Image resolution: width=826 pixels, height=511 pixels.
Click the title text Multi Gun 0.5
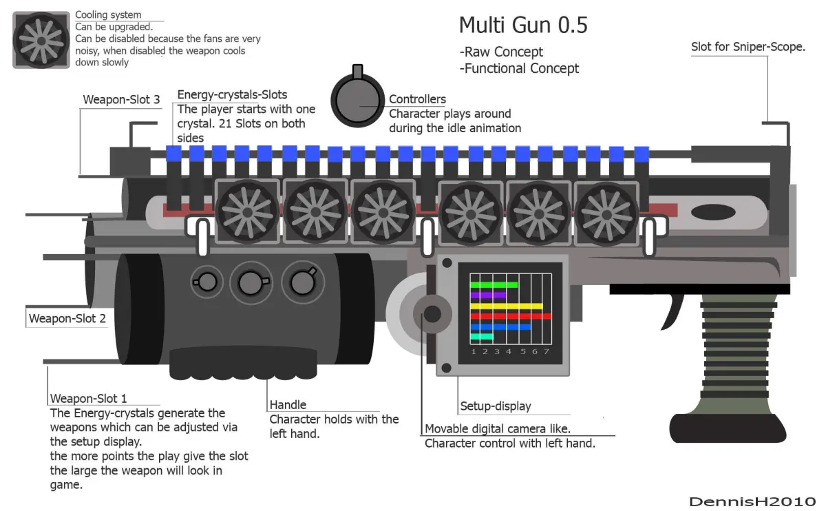(523, 25)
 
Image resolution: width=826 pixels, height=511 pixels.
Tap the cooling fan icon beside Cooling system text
(41, 40)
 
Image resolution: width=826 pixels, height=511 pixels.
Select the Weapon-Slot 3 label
(121, 100)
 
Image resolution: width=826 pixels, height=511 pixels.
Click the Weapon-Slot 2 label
(67, 319)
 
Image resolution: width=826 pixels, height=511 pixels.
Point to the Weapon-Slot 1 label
(88, 399)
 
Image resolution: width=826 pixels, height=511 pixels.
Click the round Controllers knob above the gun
(357, 101)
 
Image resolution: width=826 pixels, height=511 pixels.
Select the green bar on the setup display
(494, 284)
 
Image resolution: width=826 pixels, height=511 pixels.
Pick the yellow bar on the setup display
(506, 306)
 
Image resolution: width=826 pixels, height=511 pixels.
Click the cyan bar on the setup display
(482, 337)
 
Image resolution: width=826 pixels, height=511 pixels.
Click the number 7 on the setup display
(547, 352)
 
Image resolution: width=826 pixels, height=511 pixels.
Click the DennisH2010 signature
(752, 501)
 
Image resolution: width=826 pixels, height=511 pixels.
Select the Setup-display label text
(496, 406)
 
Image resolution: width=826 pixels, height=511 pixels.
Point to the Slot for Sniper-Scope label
(748, 47)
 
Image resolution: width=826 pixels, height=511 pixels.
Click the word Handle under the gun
(288, 405)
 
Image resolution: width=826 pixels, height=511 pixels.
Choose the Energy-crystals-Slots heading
(232, 94)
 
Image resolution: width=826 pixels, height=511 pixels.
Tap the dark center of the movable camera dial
(432, 314)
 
